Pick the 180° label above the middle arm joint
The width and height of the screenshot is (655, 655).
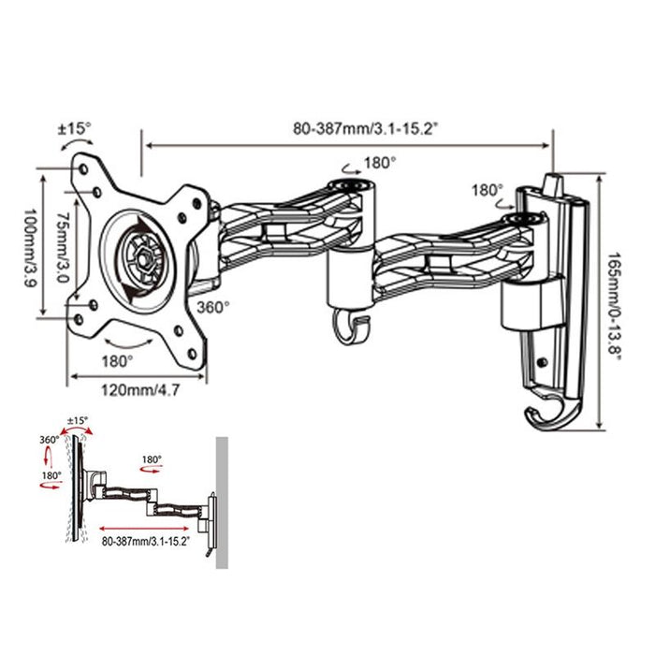click(x=380, y=162)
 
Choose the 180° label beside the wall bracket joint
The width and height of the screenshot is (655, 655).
click(x=488, y=190)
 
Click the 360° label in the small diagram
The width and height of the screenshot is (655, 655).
click(x=50, y=439)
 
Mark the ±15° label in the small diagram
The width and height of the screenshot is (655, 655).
click(x=79, y=420)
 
